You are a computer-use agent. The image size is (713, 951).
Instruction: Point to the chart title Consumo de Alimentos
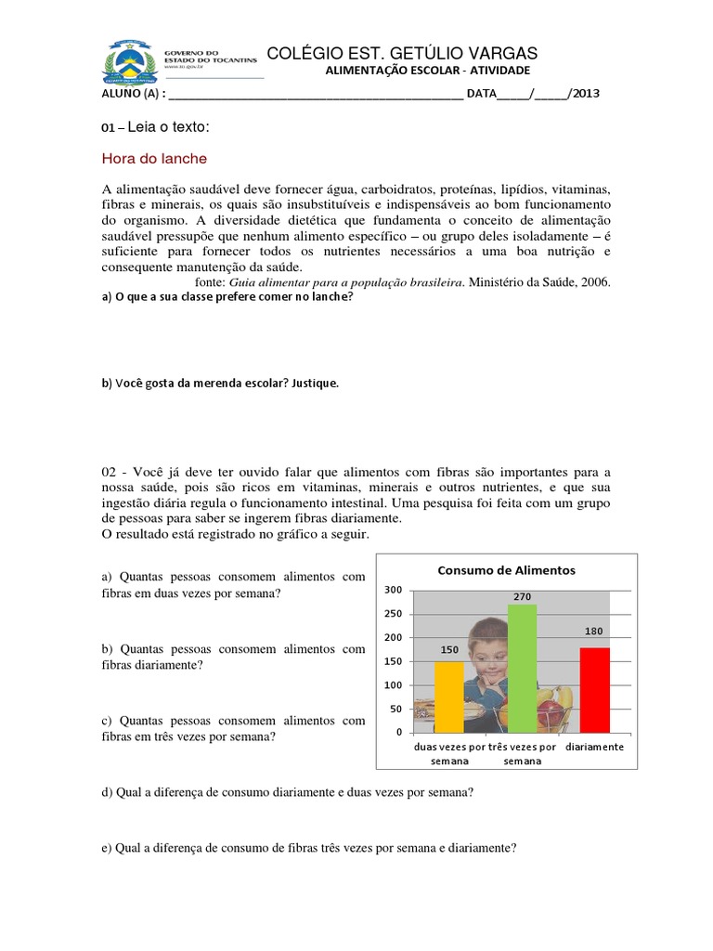coord(507,569)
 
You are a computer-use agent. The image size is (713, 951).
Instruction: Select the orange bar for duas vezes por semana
coord(449,697)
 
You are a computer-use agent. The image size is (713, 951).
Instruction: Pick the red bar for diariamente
coord(595,690)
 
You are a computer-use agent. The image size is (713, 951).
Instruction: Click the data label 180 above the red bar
coord(595,632)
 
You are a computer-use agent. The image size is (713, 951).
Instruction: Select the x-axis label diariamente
coord(594,747)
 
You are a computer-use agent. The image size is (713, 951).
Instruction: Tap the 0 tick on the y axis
coord(396,733)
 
